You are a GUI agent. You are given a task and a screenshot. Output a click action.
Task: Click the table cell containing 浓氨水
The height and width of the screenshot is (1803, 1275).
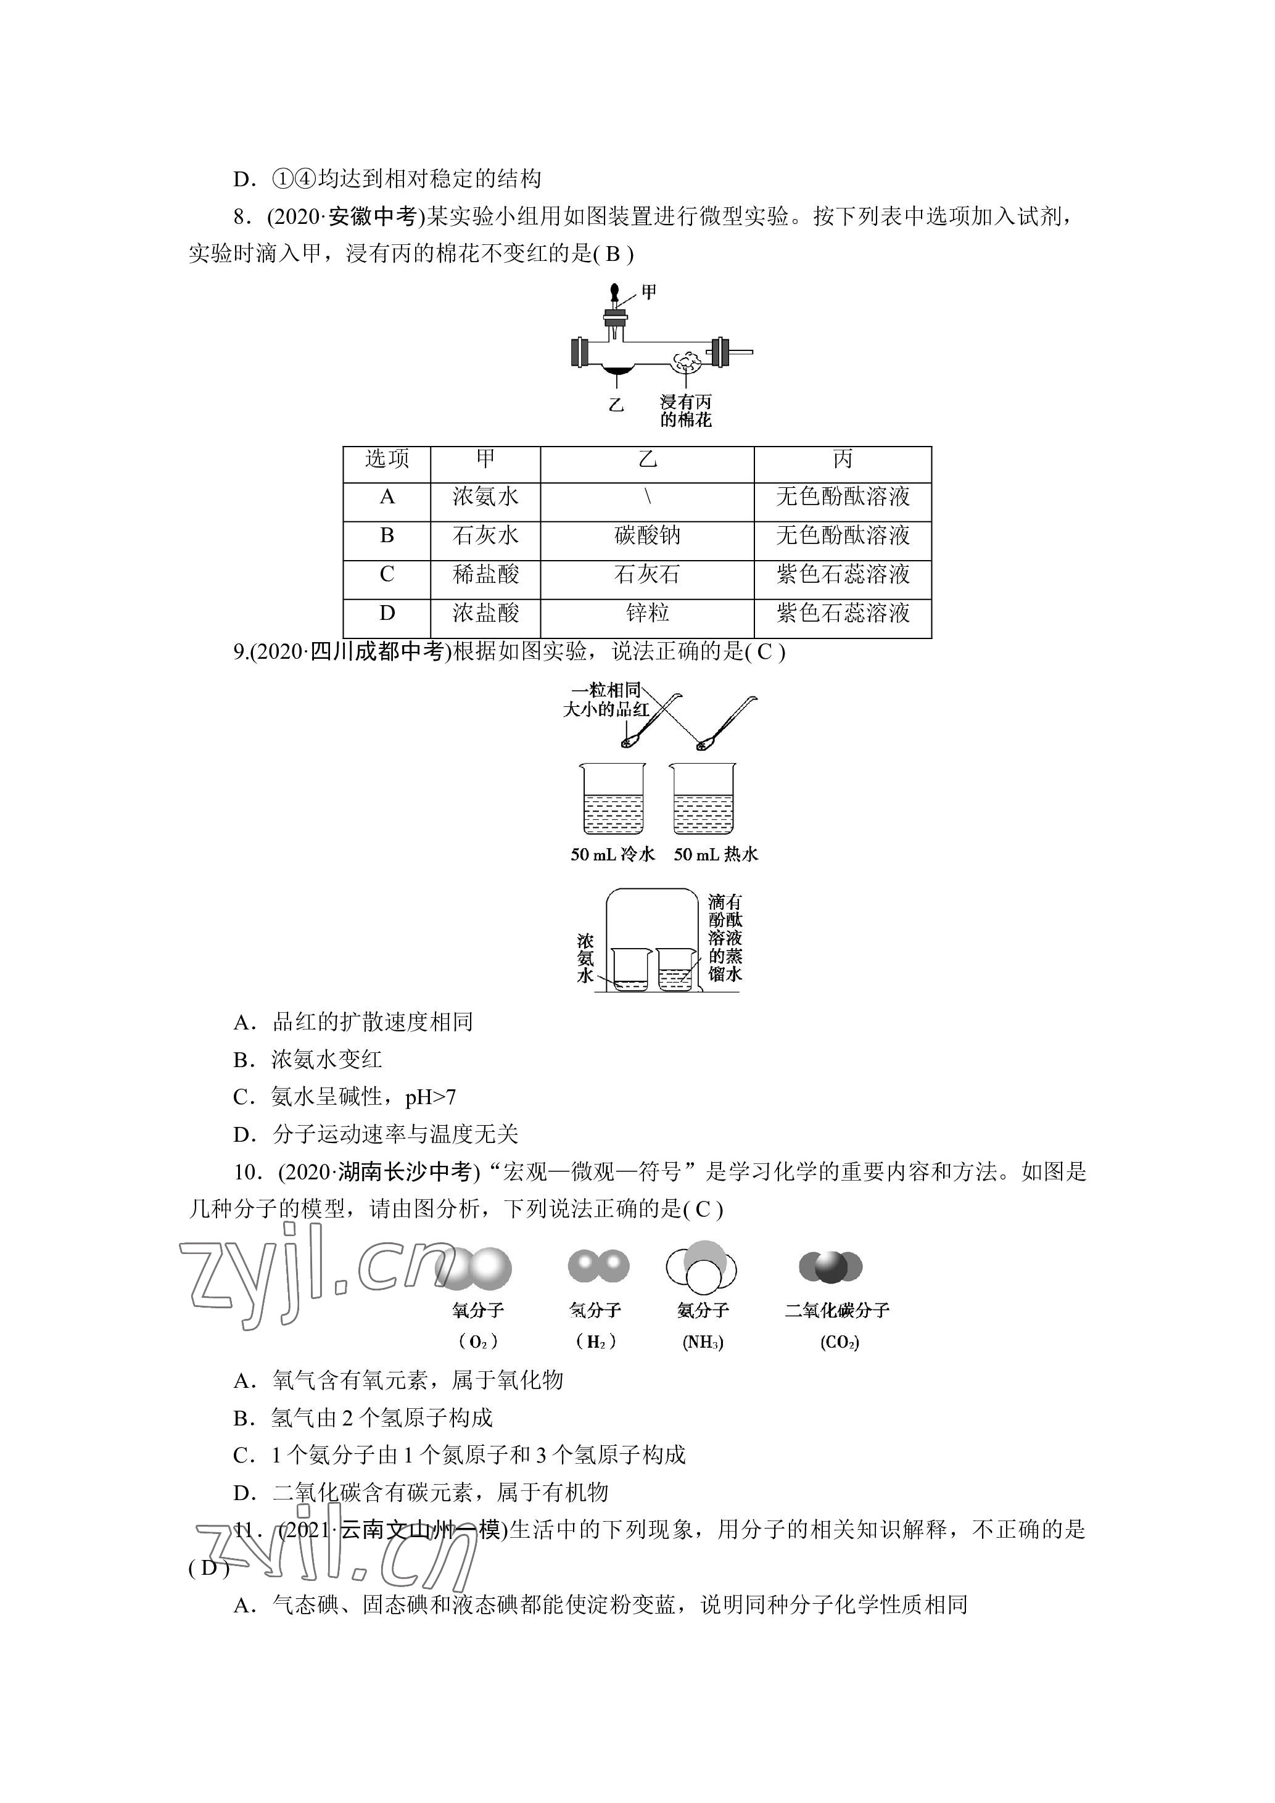pyautogui.click(x=485, y=497)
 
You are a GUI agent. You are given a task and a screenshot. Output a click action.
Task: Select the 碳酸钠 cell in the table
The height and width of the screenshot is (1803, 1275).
pyautogui.click(x=647, y=535)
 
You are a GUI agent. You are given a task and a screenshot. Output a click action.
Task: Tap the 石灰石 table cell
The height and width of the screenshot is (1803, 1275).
pyautogui.click(x=647, y=575)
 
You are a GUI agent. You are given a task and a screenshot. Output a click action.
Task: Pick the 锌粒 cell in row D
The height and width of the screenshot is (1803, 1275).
pyautogui.click(x=647, y=613)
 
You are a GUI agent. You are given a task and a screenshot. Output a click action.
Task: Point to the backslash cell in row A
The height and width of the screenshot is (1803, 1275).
pyautogui.click(x=647, y=497)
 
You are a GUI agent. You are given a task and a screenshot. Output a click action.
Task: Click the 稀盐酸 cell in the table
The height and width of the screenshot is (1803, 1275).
pyautogui.click(x=485, y=575)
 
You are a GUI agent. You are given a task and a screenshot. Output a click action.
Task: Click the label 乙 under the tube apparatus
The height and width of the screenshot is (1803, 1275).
pyautogui.click(x=616, y=405)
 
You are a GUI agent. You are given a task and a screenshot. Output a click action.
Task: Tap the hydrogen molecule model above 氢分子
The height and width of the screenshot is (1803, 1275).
pyautogui.click(x=598, y=1266)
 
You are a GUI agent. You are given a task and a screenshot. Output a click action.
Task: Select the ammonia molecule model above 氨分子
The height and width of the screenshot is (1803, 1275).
pyautogui.click(x=702, y=1266)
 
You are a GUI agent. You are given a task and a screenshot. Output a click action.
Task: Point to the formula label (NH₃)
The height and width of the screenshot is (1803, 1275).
pyautogui.click(x=703, y=1342)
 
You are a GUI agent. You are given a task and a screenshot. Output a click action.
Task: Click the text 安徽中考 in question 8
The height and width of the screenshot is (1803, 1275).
pyautogui.click(x=372, y=216)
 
